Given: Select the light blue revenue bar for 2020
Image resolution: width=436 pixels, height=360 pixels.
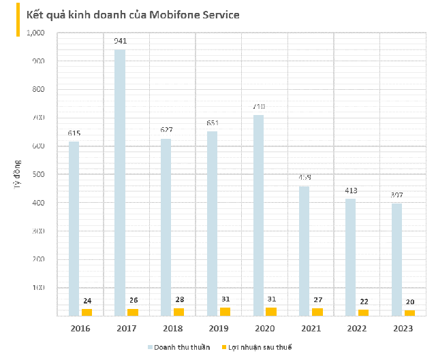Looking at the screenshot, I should click(x=258, y=215).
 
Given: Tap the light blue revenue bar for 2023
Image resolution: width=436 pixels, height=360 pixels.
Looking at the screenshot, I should click(x=396, y=259).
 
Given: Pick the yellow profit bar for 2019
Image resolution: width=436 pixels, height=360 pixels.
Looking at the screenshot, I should click(x=225, y=312).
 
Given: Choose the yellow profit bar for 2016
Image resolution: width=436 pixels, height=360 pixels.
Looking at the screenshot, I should click(x=87, y=312).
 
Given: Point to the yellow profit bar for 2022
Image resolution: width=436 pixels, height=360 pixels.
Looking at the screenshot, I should click(x=363, y=313).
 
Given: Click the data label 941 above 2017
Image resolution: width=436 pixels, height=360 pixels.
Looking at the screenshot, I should click(x=121, y=42).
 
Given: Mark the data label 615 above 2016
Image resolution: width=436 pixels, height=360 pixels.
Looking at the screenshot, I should click(x=74, y=133).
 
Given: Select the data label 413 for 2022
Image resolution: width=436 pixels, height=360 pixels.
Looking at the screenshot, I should click(x=351, y=191).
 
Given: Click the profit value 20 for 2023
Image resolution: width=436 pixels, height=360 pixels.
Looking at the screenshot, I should click(x=409, y=302).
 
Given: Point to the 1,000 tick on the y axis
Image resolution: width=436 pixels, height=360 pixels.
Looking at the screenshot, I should click(x=35, y=33).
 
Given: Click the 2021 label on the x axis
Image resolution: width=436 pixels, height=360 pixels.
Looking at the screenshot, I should click(x=311, y=329).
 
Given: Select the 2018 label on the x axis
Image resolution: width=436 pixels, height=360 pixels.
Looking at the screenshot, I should click(x=172, y=329).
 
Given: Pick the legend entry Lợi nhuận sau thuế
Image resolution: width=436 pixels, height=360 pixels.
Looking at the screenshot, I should click(x=260, y=348).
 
